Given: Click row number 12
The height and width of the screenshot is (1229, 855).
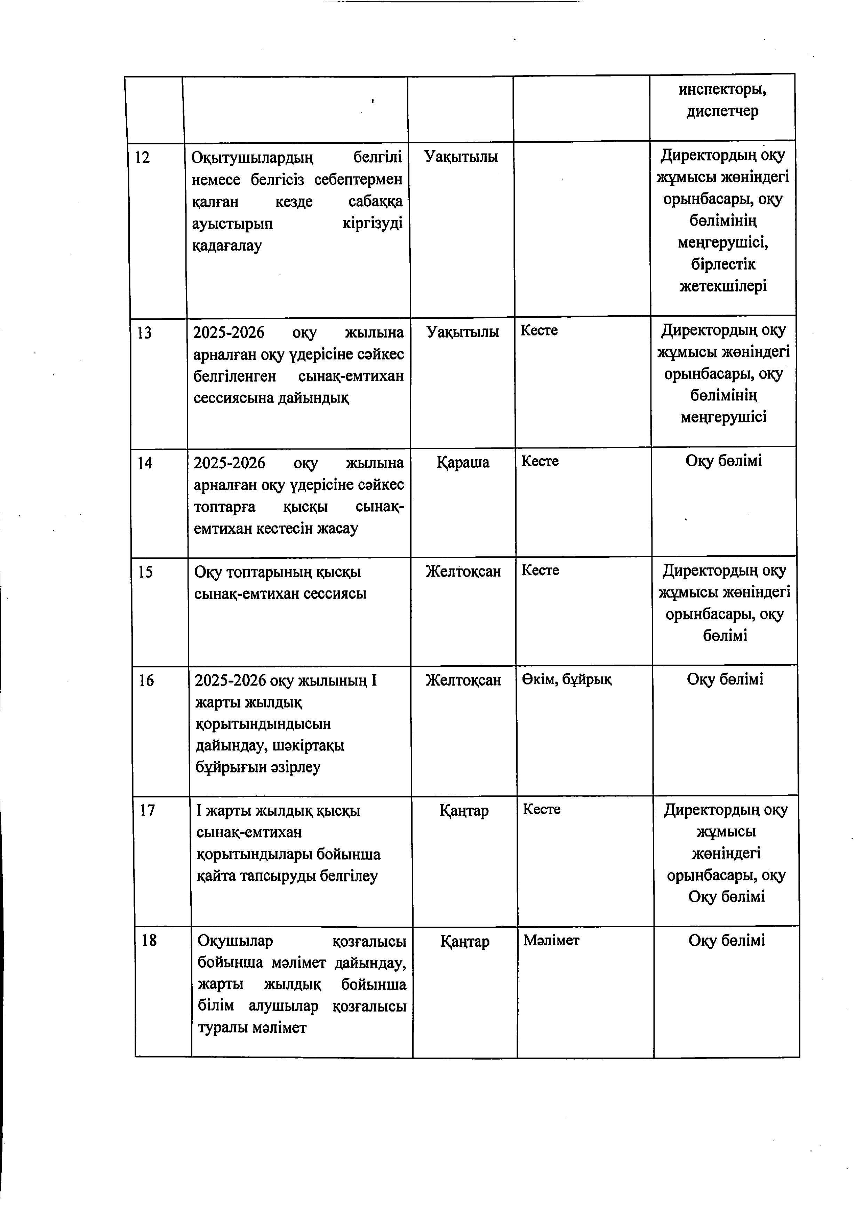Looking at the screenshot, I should click(142, 158).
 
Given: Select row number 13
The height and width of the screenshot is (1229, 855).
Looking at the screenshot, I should click(144, 333).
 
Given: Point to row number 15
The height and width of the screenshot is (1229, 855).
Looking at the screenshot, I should click(145, 572).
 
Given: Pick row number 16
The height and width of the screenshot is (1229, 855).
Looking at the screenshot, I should click(146, 680).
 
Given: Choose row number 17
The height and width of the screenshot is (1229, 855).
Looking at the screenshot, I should click(147, 810).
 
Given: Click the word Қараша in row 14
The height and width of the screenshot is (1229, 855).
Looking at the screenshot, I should click(463, 462).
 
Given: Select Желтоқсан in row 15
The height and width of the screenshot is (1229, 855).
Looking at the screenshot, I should click(463, 572).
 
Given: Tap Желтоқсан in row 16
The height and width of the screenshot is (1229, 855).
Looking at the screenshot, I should click(463, 680).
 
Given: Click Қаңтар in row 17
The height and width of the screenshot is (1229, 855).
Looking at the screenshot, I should click(464, 810).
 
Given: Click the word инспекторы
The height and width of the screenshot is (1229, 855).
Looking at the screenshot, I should click(722, 89).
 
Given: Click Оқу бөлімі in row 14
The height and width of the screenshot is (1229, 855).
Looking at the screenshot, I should click(724, 461).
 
